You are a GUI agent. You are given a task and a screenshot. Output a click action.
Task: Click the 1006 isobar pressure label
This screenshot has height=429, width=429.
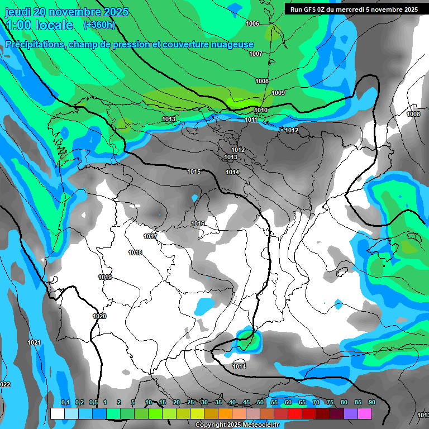pos(252,23)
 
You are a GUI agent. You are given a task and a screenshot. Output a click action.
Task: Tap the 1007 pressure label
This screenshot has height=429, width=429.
pos(256,54)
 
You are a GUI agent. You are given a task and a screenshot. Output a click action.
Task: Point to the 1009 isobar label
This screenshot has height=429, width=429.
pos(278,93)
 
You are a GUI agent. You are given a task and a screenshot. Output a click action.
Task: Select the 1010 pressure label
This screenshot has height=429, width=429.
pos(261,110)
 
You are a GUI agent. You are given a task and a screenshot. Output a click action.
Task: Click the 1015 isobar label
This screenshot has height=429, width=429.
pos(194,171)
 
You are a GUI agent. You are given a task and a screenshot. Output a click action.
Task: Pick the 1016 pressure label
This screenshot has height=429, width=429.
pos(198,223)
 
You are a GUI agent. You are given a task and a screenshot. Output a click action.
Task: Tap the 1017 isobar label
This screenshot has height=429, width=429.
pos(150,236)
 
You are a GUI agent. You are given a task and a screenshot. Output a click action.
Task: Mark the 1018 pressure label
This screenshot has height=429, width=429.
pos(135,252)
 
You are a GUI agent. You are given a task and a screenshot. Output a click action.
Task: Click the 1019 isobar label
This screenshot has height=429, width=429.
pos(105,277)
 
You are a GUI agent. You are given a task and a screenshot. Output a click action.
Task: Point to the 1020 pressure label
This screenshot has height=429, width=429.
pos(99,316)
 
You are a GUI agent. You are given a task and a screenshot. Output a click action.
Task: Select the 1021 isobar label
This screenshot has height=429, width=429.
pos(34,342)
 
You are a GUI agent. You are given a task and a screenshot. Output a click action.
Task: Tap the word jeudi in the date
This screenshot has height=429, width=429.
pos(17,11)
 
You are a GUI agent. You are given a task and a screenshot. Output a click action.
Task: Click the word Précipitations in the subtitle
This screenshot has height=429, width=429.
pos(33,45)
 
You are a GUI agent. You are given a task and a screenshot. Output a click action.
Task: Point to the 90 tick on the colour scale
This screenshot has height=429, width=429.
pos(371,402)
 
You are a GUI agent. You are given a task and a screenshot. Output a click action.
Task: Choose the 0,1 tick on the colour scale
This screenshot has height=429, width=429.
pos(65,402)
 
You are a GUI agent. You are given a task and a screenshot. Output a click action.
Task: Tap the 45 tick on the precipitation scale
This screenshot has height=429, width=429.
pos(246,402)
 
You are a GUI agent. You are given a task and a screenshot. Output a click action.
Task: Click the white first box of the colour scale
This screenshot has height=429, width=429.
pos(58,413)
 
